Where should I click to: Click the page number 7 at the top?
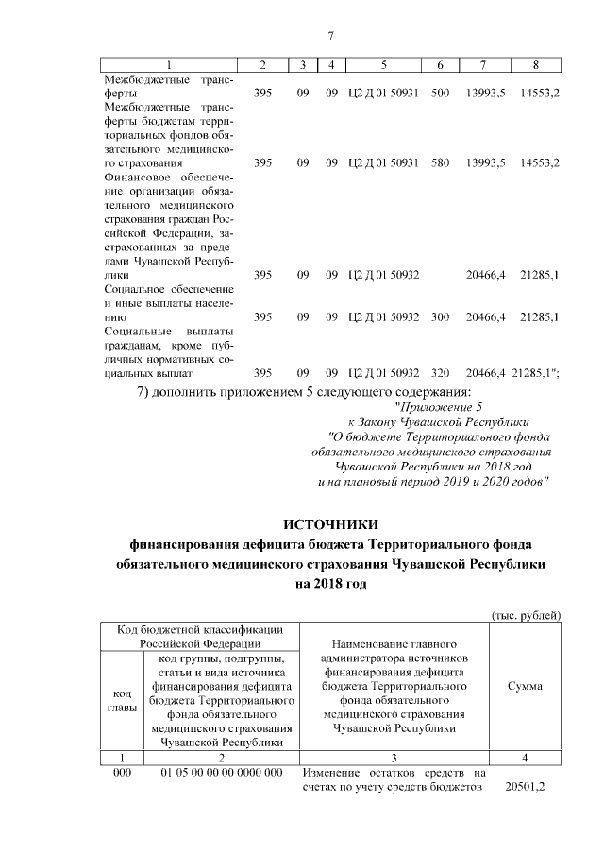(330, 36)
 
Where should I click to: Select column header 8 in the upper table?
(535, 65)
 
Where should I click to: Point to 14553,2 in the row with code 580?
(540, 163)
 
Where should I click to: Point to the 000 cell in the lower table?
(122, 774)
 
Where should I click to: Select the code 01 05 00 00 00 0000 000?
(221, 774)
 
